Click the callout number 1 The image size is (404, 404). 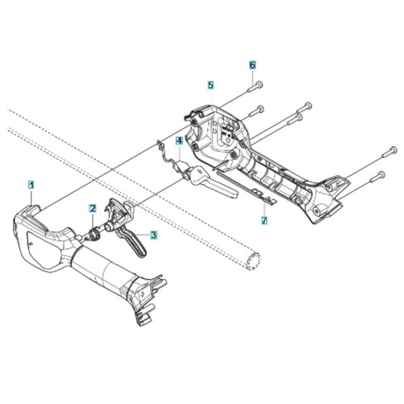pos(32,185)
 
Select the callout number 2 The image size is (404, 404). pos(93,208)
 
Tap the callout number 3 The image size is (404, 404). pos(153,234)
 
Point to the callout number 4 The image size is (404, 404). pos(179,143)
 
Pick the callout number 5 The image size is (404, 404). pos(210,85)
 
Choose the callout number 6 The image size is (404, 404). pos(253,65)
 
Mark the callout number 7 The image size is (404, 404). pos(264,219)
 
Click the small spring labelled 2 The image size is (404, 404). pos(94,234)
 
